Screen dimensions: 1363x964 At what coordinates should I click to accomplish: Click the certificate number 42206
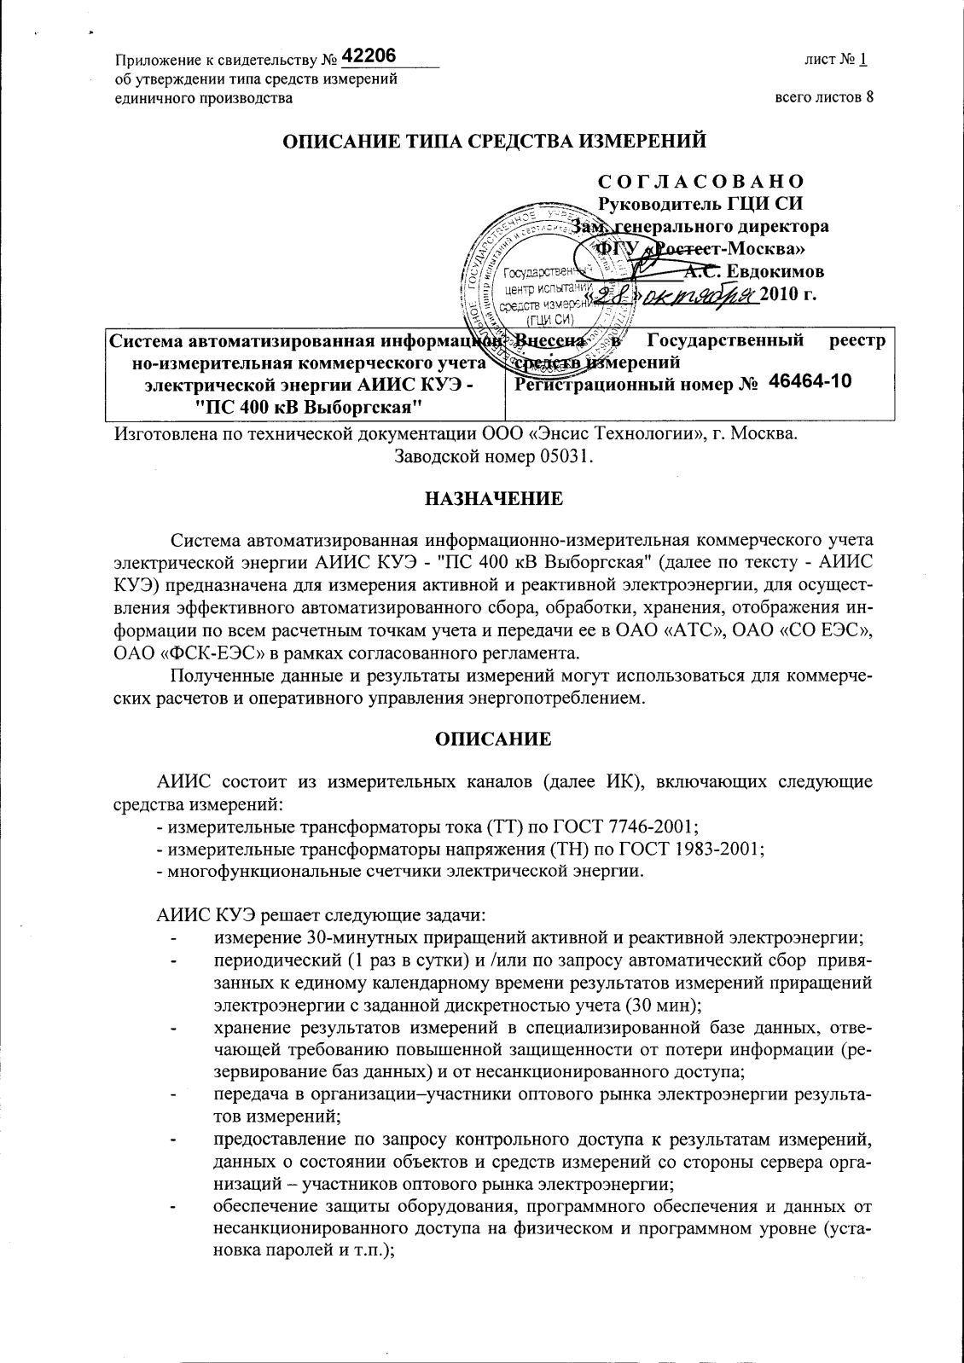pos(369,56)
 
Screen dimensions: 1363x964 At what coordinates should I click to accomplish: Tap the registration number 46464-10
pos(810,381)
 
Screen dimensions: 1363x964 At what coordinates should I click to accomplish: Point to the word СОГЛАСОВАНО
pos(700,182)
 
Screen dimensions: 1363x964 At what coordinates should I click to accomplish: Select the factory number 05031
pos(562,455)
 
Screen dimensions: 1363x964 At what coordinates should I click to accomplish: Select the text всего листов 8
pos(823,97)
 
